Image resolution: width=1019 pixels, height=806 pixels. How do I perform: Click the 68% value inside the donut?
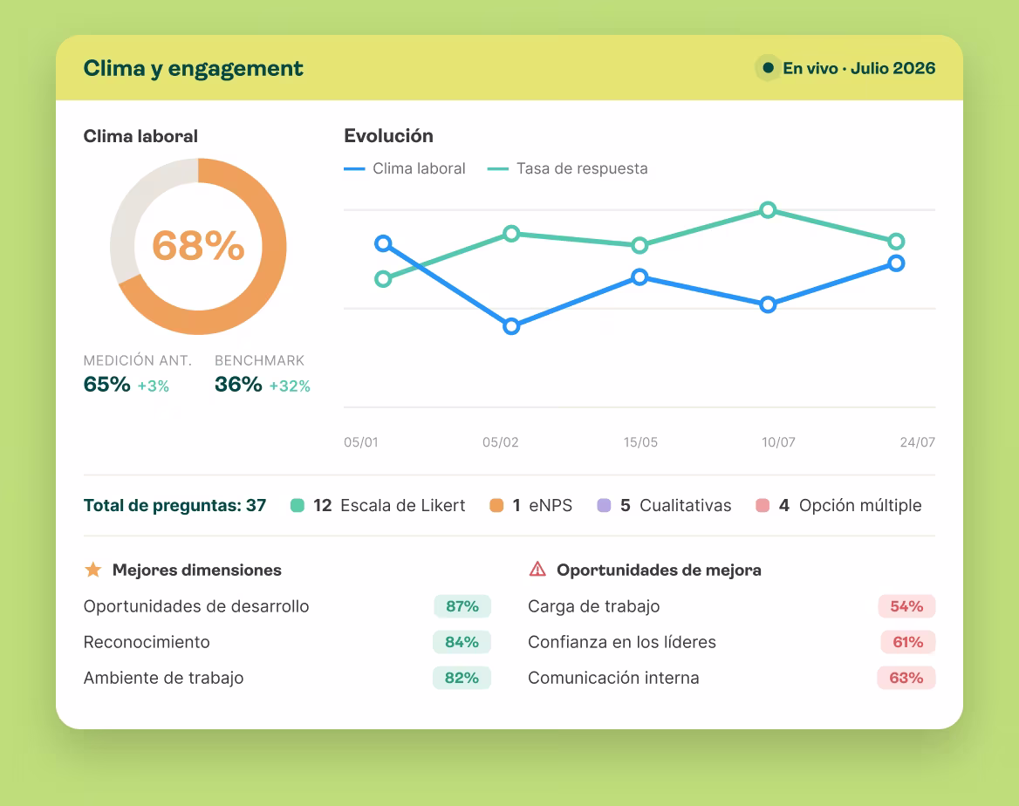[198, 246]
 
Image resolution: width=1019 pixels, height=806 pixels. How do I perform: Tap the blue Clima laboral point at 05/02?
[511, 325]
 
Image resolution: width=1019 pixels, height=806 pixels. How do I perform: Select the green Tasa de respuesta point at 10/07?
[768, 210]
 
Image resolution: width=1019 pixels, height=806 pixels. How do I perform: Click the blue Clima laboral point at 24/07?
[896, 263]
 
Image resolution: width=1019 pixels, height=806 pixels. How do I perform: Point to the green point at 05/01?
[383, 279]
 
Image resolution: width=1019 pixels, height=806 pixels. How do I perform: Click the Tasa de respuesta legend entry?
[567, 168]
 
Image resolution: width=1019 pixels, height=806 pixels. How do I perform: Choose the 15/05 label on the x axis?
[640, 442]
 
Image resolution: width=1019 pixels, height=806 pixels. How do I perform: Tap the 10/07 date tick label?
[778, 442]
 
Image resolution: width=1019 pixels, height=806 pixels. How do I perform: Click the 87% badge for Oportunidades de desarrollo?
[462, 605]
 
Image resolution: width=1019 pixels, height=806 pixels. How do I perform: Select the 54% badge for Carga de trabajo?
[906, 605]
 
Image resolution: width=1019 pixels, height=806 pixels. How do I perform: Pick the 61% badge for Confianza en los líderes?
[908, 641]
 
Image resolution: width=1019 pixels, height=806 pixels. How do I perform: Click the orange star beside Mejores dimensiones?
[93, 570]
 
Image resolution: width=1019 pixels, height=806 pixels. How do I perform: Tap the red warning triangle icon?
[537, 569]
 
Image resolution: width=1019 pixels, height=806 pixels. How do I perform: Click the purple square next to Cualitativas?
[604, 505]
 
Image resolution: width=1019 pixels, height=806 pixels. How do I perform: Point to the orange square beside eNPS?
[496, 505]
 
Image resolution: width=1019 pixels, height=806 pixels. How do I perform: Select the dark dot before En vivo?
[768, 67]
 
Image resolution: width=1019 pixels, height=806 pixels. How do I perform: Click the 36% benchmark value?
[238, 384]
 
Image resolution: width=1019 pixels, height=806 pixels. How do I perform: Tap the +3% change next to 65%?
[154, 386]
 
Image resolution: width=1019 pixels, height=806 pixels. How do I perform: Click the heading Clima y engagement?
[193, 68]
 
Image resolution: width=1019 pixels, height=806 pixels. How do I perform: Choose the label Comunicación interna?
[613, 677]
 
